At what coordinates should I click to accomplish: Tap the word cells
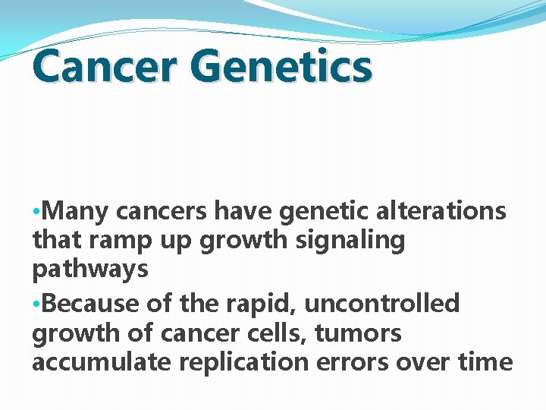pos(269,333)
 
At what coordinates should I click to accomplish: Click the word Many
pos(74,211)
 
